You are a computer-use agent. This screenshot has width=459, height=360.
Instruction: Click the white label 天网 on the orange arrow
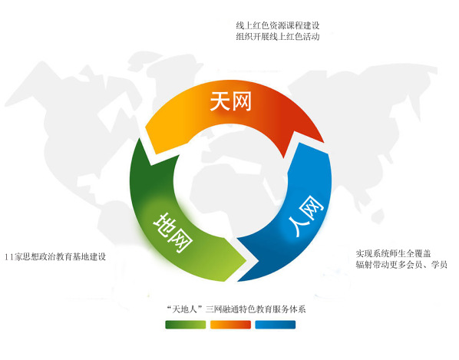click(231, 101)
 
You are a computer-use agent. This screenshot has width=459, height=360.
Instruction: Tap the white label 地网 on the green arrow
click(173, 233)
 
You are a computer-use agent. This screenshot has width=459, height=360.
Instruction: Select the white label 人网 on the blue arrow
click(306, 216)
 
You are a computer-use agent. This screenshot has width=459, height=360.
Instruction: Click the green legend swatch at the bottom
click(186, 325)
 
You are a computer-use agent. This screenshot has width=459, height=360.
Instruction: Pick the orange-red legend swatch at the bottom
click(230, 325)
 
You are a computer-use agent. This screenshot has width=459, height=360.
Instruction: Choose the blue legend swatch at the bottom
click(275, 325)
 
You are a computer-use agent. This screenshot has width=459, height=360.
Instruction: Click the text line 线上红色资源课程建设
click(278, 26)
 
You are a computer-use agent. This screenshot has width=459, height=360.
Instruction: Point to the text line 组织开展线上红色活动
click(278, 37)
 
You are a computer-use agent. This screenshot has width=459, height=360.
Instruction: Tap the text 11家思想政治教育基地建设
click(55, 256)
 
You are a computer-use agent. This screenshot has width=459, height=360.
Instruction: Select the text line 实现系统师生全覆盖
click(394, 253)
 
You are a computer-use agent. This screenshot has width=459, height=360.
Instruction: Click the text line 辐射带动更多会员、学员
click(401, 265)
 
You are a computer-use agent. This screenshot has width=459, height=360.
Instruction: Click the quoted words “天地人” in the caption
click(185, 309)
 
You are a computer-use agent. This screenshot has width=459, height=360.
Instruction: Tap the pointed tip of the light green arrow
click(247, 259)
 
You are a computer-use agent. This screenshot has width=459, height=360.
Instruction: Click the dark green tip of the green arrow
click(139, 138)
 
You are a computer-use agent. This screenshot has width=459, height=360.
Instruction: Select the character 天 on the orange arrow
click(220, 101)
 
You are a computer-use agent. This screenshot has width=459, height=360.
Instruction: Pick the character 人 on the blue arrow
click(299, 226)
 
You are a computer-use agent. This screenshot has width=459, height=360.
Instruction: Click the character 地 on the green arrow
click(164, 224)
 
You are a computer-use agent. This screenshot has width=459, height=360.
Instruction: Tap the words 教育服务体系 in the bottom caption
click(281, 309)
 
